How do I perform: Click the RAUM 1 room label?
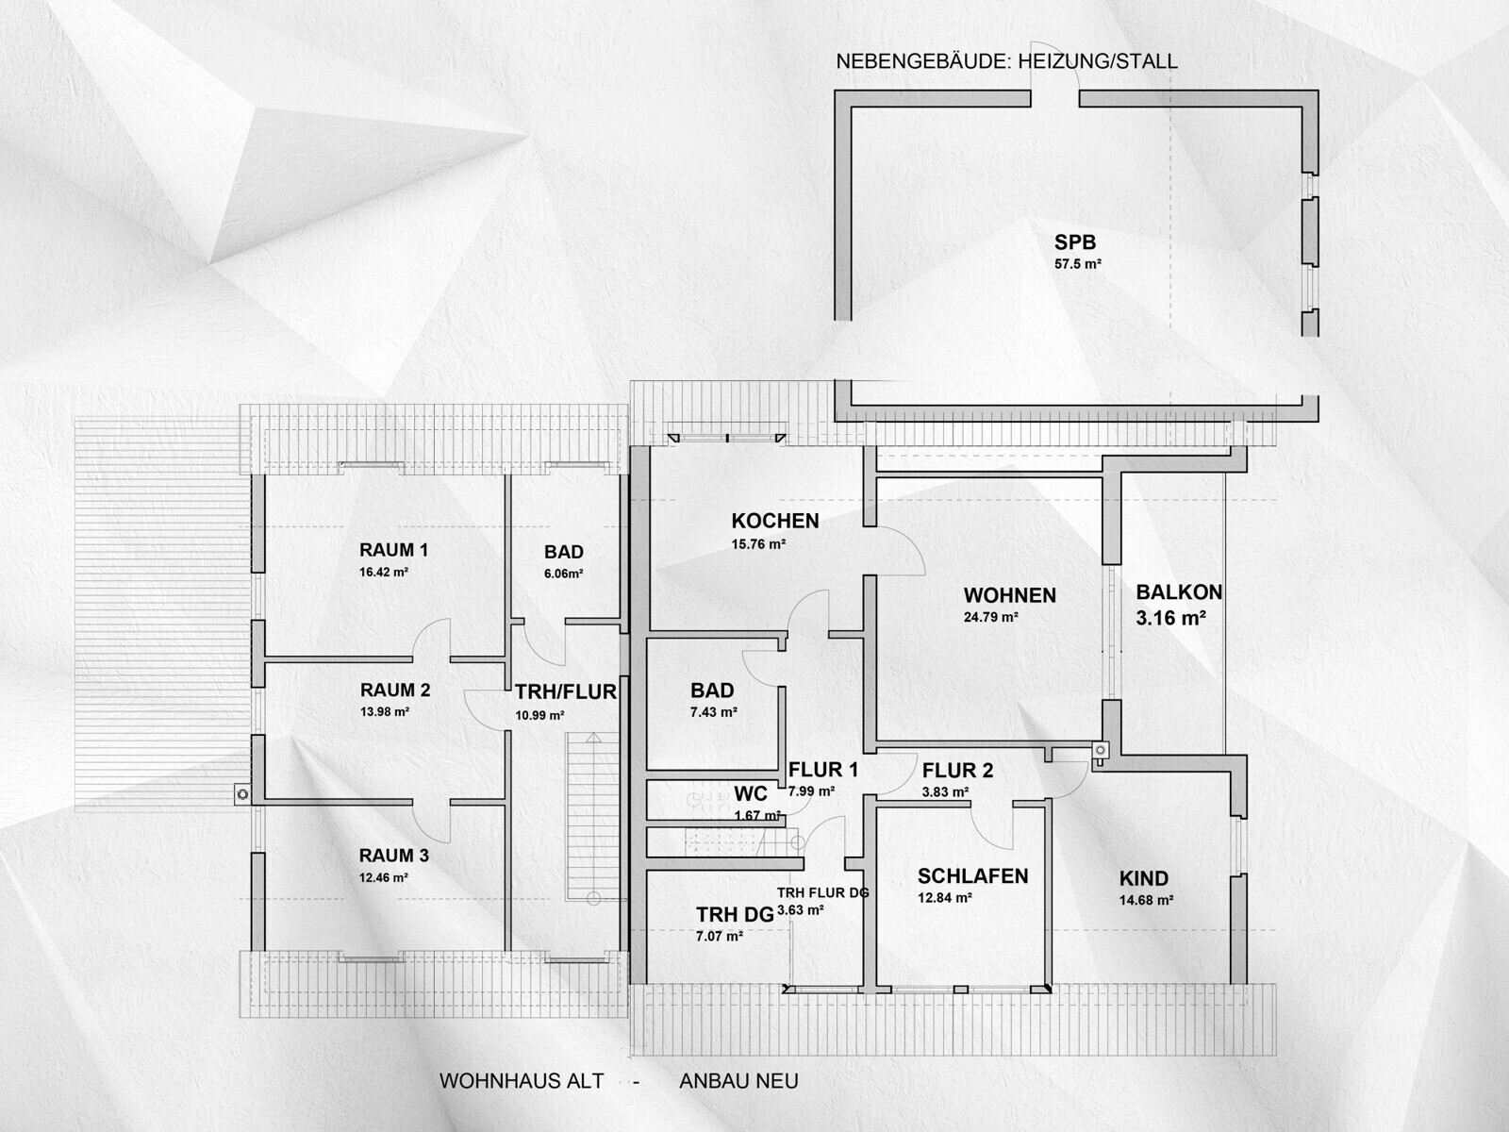[x=394, y=550]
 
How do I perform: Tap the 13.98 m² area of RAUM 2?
[x=384, y=711]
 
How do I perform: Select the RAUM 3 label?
[x=394, y=856]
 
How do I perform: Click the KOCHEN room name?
[x=775, y=521]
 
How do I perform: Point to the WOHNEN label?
[x=1009, y=595]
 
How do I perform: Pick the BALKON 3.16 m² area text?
[x=1170, y=618]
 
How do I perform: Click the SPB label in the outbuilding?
[x=1075, y=241]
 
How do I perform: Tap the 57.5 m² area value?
[x=1078, y=263]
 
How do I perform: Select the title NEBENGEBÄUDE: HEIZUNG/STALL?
[x=1006, y=61]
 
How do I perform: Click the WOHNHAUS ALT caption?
[x=522, y=1081]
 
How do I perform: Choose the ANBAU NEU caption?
[x=738, y=1081]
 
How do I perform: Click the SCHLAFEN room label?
[x=972, y=875]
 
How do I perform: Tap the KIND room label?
[x=1144, y=878]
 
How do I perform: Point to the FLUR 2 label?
[x=957, y=771]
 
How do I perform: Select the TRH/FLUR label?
[x=566, y=692]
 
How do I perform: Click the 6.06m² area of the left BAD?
[x=564, y=574]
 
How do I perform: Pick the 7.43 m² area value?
[x=714, y=712]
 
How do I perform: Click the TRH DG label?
[x=735, y=915]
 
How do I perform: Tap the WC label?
[x=750, y=794]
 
